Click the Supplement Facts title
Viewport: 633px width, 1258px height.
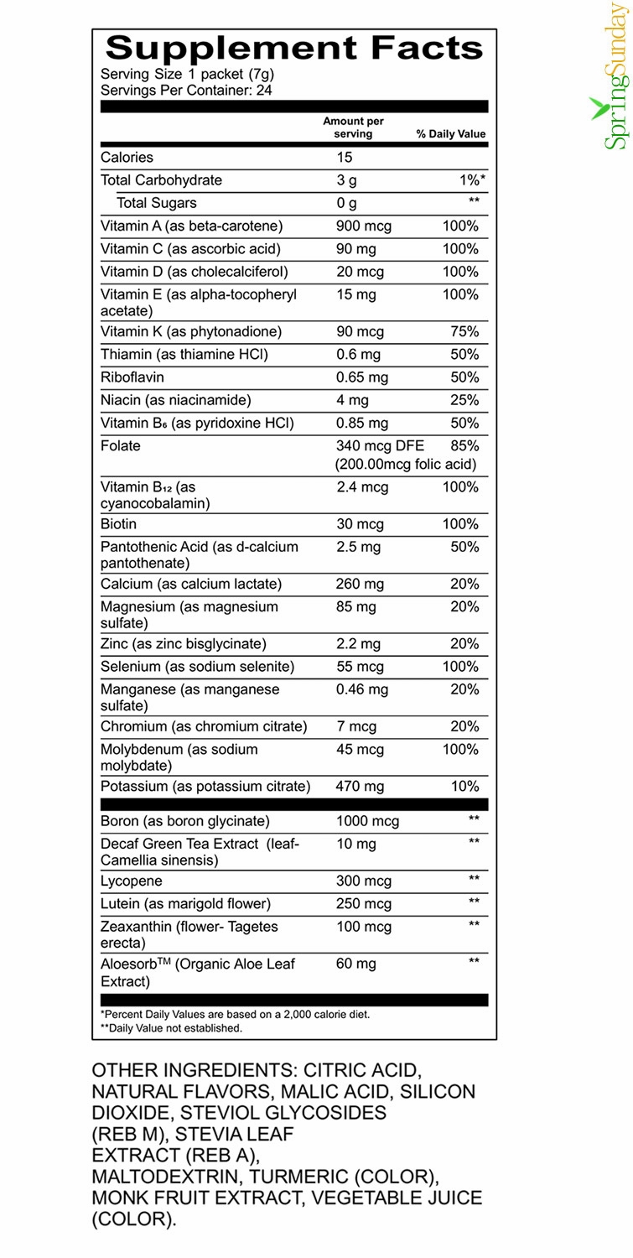point(294,48)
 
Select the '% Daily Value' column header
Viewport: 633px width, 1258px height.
point(451,134)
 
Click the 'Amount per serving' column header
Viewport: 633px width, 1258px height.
point(353,127)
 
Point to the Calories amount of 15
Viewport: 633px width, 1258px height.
point(345,158)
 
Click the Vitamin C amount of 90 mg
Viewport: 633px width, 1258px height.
point(355,249)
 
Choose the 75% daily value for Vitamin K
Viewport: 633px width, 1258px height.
point(464,332)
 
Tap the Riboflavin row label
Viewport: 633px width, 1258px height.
point(132,377)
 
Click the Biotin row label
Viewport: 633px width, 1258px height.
point(119,524)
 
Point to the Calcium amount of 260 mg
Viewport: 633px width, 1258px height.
point(360,584)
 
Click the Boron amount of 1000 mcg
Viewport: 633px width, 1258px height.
point(367,822)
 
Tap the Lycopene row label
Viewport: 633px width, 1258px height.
point(132,881)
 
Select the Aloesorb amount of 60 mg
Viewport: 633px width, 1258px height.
point(355,964)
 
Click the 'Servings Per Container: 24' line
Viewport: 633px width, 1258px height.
point(186,90)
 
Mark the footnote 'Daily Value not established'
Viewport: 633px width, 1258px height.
point(171,1027)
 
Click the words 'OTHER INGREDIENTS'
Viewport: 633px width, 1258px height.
point(194,1071)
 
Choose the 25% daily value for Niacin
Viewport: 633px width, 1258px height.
point(464,400)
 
